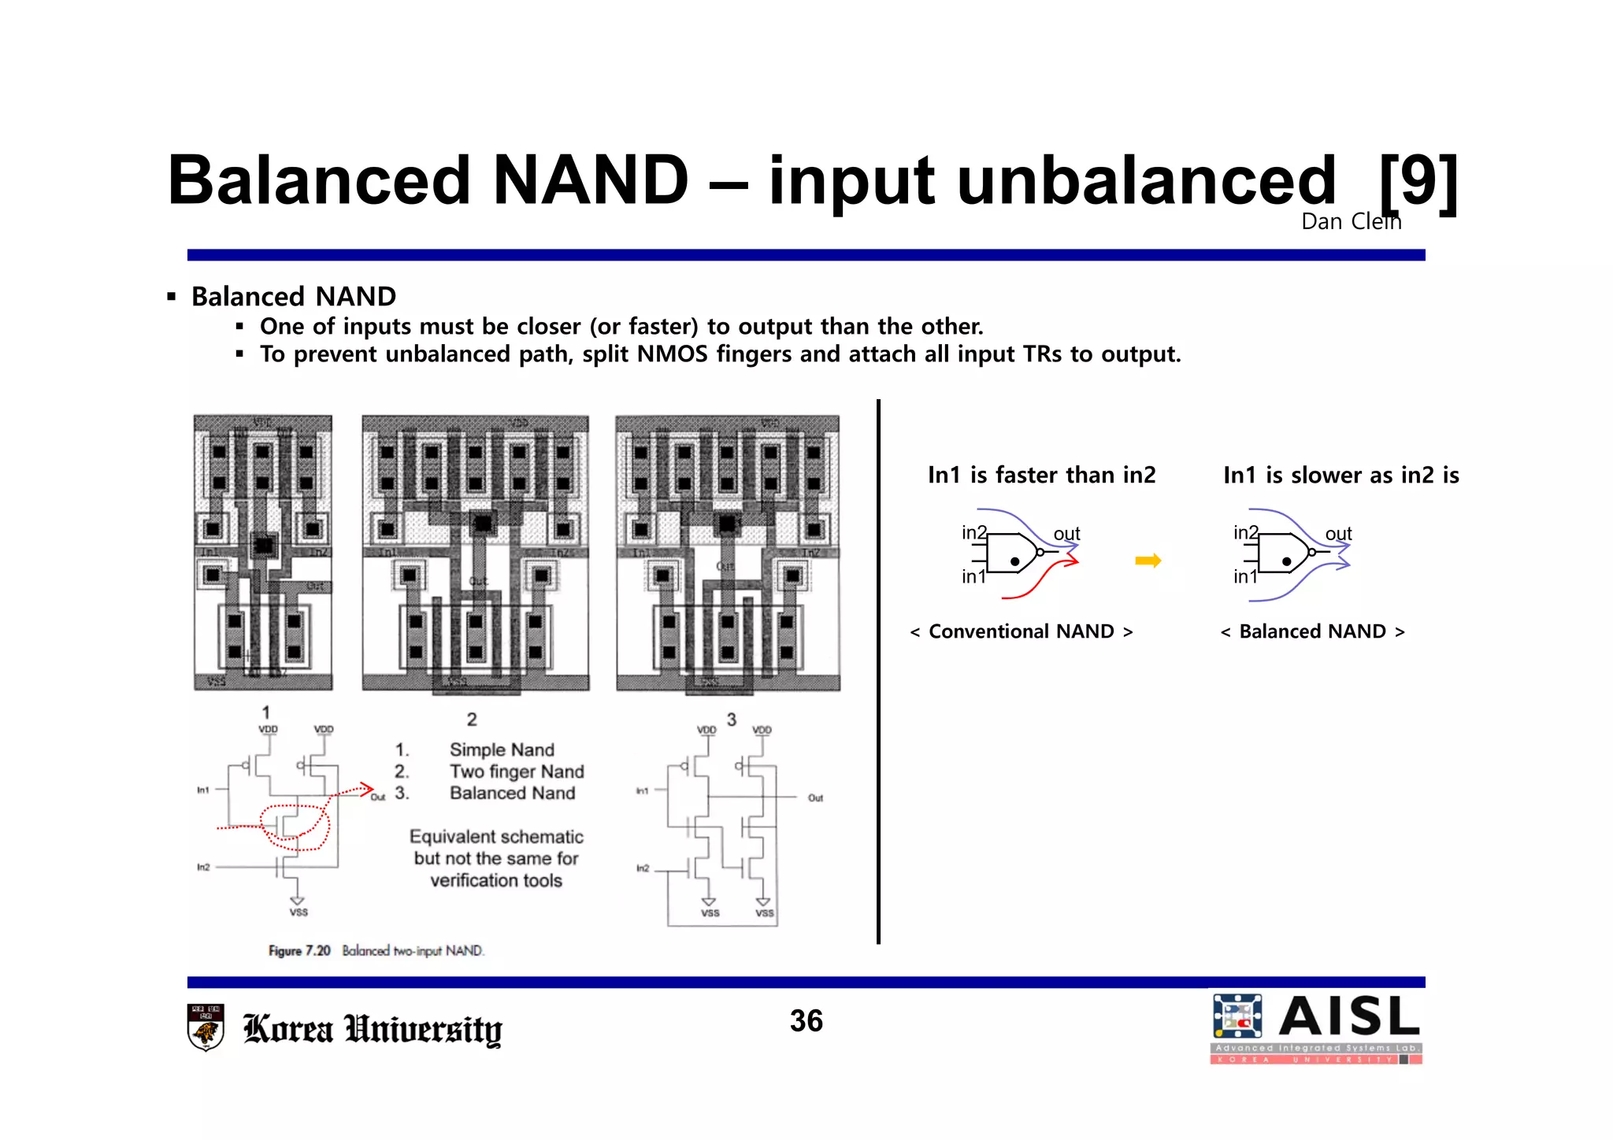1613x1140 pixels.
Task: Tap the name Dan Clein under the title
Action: (1351, 222)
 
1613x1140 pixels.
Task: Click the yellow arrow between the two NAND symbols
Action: (1148, 561)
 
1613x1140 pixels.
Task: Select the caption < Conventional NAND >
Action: (1021, 631)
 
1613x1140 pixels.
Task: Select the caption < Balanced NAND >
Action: (1312, 631)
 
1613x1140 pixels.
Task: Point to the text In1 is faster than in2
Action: (1041, 475)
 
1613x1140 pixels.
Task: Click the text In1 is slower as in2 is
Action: (1340, 475)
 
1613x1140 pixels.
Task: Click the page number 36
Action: (806, 1021)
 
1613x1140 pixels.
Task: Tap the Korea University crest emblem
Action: (206, 1027)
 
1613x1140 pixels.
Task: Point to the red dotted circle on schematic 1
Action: (295, 828)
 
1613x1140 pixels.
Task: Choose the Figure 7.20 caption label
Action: (299, 951)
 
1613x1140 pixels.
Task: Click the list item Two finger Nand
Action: (517, 772)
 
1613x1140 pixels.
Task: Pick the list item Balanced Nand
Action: (512, 793)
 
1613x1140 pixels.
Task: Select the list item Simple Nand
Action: (502, 750)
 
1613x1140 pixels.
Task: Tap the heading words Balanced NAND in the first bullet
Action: (294, 297)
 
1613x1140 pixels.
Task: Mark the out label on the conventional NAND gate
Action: (1066, 534)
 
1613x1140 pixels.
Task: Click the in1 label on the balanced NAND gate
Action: (1245, 577)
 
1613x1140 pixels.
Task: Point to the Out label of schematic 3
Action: (815, 798)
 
